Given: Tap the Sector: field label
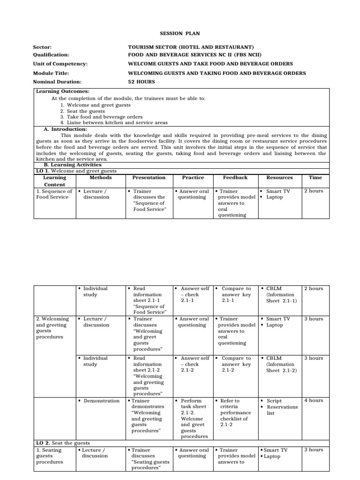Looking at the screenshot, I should click(x=42, y=48).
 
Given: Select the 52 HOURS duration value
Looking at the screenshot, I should click(x=141, y=82).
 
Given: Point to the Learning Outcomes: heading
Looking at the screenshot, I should click(x=63, y=91).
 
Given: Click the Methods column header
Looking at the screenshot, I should click(x=100, y=178).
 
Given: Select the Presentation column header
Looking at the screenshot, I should click(x=149, y=178).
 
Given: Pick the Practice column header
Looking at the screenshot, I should click(x=193, y=178).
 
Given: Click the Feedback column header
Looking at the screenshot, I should click(x=235, y=178).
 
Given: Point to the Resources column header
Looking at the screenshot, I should click(x=279, y=178).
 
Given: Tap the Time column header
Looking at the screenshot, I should click(x=315, y=178).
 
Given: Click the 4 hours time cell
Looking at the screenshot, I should click(x=313, y=401).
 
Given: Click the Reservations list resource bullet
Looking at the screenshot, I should click(x=282, y=410).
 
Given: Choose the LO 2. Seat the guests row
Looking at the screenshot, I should click(x=63, y=443).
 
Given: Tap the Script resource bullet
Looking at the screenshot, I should click(x=274, y=401).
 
